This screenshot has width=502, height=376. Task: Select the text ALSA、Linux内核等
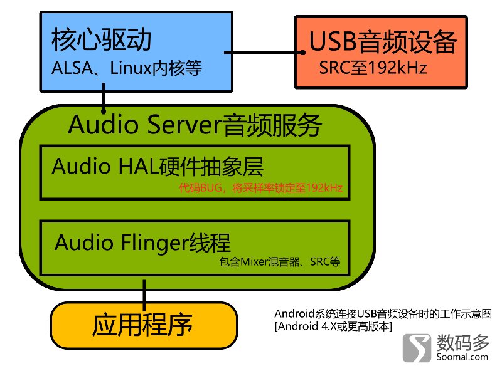126,68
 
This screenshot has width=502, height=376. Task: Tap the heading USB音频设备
383,44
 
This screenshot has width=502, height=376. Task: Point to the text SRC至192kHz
373,68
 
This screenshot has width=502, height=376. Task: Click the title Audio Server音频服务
195,125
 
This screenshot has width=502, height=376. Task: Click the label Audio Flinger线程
143,242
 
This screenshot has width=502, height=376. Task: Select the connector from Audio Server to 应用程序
145,295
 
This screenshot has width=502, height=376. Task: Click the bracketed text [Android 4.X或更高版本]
333,326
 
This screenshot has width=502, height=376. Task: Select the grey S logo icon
417,347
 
